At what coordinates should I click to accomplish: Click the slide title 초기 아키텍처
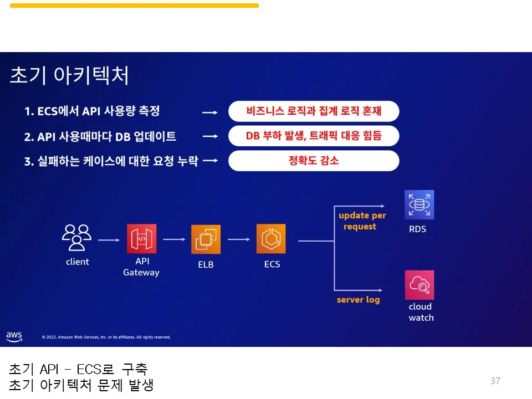(69, 76)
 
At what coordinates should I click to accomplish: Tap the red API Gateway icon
(141, 239)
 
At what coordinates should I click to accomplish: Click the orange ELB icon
(206, 239)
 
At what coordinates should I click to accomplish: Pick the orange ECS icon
(271, 239)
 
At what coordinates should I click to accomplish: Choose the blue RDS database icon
(419, 205)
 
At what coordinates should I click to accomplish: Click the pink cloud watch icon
(419, 285)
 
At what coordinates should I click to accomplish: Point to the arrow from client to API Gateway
(109, 240)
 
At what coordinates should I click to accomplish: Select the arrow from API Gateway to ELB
(174, 239)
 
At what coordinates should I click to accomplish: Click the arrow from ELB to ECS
(239, 239)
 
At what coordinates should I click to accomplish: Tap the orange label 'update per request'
(362, 221)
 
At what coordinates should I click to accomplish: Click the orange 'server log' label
(358, 300)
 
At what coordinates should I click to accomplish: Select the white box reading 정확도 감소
(314, 161)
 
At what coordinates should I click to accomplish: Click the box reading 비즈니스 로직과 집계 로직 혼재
(314, 111)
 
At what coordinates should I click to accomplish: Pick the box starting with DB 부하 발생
(314, 136)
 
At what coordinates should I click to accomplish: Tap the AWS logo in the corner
(14, 336)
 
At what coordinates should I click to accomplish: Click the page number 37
(495, 381)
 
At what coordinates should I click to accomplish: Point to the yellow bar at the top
(134, 6)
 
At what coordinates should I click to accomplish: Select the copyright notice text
(106, 337)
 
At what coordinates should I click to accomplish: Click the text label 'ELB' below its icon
(206, 265)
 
